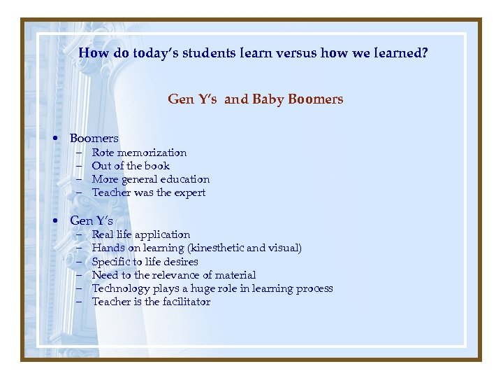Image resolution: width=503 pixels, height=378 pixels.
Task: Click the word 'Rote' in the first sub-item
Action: tap(103, 153)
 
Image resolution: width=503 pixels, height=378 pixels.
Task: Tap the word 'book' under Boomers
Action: tap(157, 166)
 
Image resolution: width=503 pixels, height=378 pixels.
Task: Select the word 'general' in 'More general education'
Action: tap(140, 179)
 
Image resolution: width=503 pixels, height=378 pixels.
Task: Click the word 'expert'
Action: tap(190, 192)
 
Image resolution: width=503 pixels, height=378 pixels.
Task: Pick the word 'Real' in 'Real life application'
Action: tap(103, 234)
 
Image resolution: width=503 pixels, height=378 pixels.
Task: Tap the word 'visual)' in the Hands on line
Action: tap(285, 248)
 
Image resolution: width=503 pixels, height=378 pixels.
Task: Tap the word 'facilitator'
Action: tap(184, 302)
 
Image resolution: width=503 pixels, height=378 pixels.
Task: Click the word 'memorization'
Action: tap(152, 153)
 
